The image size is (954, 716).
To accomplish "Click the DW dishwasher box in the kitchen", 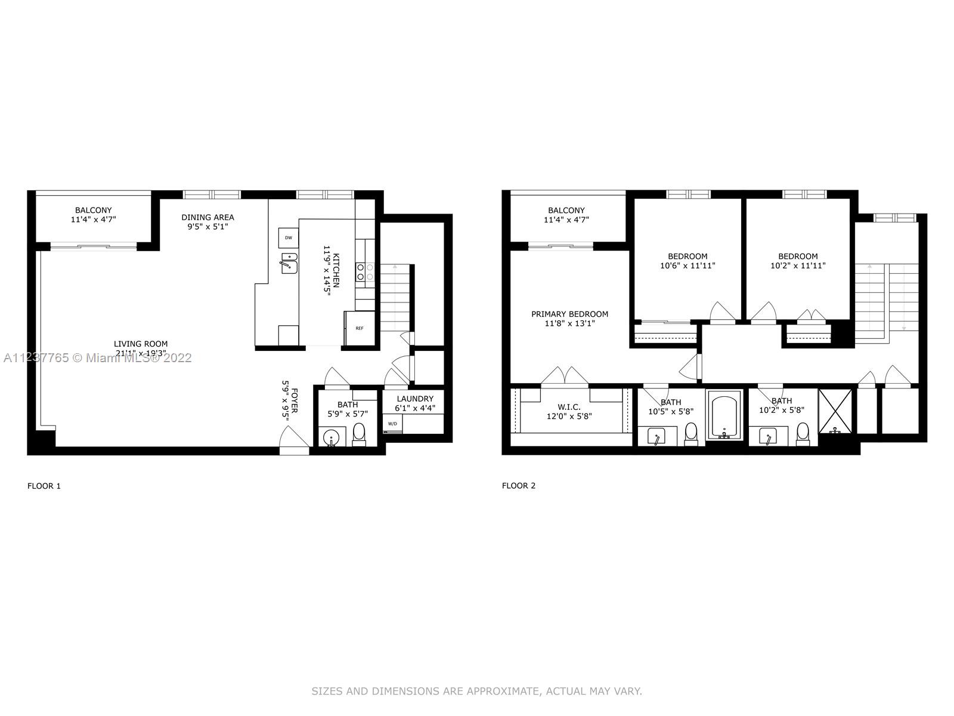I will click(x=288, y=237).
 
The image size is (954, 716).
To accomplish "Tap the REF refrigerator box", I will click(x=360, y=328).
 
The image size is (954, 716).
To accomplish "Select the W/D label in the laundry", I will click(x=392, y=424).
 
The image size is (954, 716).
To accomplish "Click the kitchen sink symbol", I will click(x=289, y=263).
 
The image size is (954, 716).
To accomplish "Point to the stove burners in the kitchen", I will click(x=365, y=272).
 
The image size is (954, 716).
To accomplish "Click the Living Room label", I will click(x=141, y=344).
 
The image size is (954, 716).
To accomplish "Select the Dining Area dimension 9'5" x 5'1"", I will click(x=207, y=227).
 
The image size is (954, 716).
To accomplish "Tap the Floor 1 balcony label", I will click(x=93, y=210).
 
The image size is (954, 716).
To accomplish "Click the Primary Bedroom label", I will click(x=569, y=314).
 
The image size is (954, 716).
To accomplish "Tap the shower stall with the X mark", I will click(x=836, y=411).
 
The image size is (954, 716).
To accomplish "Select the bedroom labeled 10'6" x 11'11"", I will click(x=687, y=261).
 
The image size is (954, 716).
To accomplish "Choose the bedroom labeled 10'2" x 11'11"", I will click(x=798, y=261).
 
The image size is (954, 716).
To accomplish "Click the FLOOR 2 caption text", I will click(x=519, y=486).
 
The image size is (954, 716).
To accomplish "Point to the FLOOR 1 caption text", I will click(x=44, y=486).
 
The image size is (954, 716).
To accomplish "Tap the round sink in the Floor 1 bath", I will click(x=331, y=439).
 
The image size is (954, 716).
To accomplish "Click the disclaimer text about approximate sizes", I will click(x=476, y=692).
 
